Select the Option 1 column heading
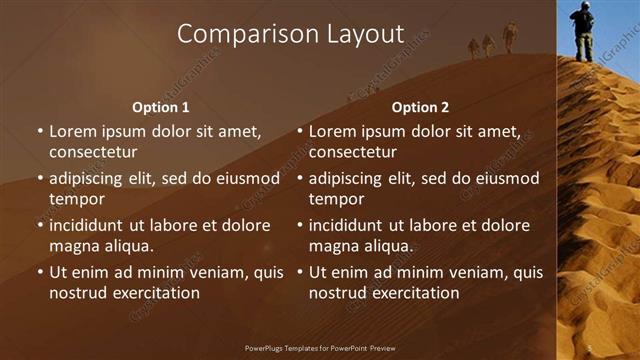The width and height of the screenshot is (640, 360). [161, 107]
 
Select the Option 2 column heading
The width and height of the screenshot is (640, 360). [420, 107]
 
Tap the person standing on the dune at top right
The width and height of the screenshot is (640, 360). [582, 30]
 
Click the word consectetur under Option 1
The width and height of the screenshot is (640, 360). [93, 152]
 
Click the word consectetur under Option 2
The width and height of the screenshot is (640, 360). [353, 152]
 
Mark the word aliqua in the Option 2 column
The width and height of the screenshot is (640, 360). [388, 245]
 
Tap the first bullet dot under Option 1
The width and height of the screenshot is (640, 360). [40, 132]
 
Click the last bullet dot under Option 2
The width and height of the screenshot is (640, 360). [300, 272]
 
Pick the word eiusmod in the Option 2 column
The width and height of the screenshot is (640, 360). [508, 179]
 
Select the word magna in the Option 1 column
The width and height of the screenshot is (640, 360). [72, 245]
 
